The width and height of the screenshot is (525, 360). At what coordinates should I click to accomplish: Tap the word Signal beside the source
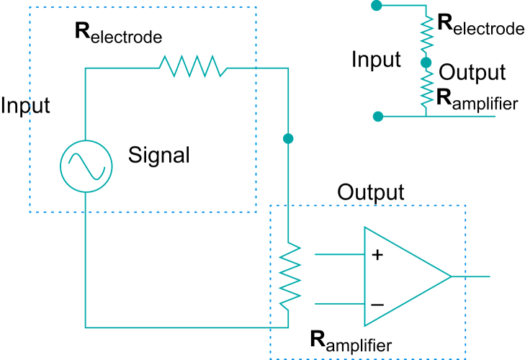[159, 155]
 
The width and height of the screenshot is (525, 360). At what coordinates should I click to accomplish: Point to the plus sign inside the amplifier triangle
[376, 254]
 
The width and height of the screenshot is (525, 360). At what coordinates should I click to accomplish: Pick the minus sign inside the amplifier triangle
[376, 305]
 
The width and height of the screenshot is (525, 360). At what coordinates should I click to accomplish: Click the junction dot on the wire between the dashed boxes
[289, 138]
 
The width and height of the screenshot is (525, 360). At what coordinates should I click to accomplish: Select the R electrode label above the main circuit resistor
[118, 33]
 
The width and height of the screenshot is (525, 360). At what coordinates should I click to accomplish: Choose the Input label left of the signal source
[25, 106]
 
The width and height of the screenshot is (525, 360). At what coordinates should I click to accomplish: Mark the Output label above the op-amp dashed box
[371, 192]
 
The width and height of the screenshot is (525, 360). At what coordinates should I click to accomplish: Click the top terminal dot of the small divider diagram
[375, 6]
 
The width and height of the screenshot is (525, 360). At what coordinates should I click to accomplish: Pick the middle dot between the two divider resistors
[426, 63]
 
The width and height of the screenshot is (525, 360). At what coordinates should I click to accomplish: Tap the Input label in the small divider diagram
[376, 59]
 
